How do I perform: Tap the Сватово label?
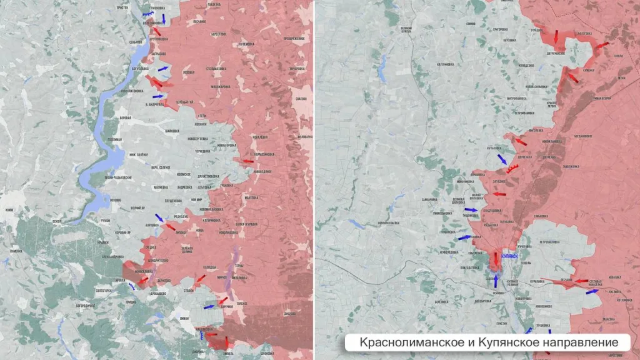301,99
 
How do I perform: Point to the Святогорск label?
103,290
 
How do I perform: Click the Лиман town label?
184,318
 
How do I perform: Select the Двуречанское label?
538,54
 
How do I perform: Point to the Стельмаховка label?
215,67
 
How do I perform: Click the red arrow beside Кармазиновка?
247,161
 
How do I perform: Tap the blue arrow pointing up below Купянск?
496,281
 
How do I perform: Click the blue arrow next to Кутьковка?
502,159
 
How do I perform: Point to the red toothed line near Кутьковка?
512,168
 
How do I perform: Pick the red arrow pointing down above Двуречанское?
556,37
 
